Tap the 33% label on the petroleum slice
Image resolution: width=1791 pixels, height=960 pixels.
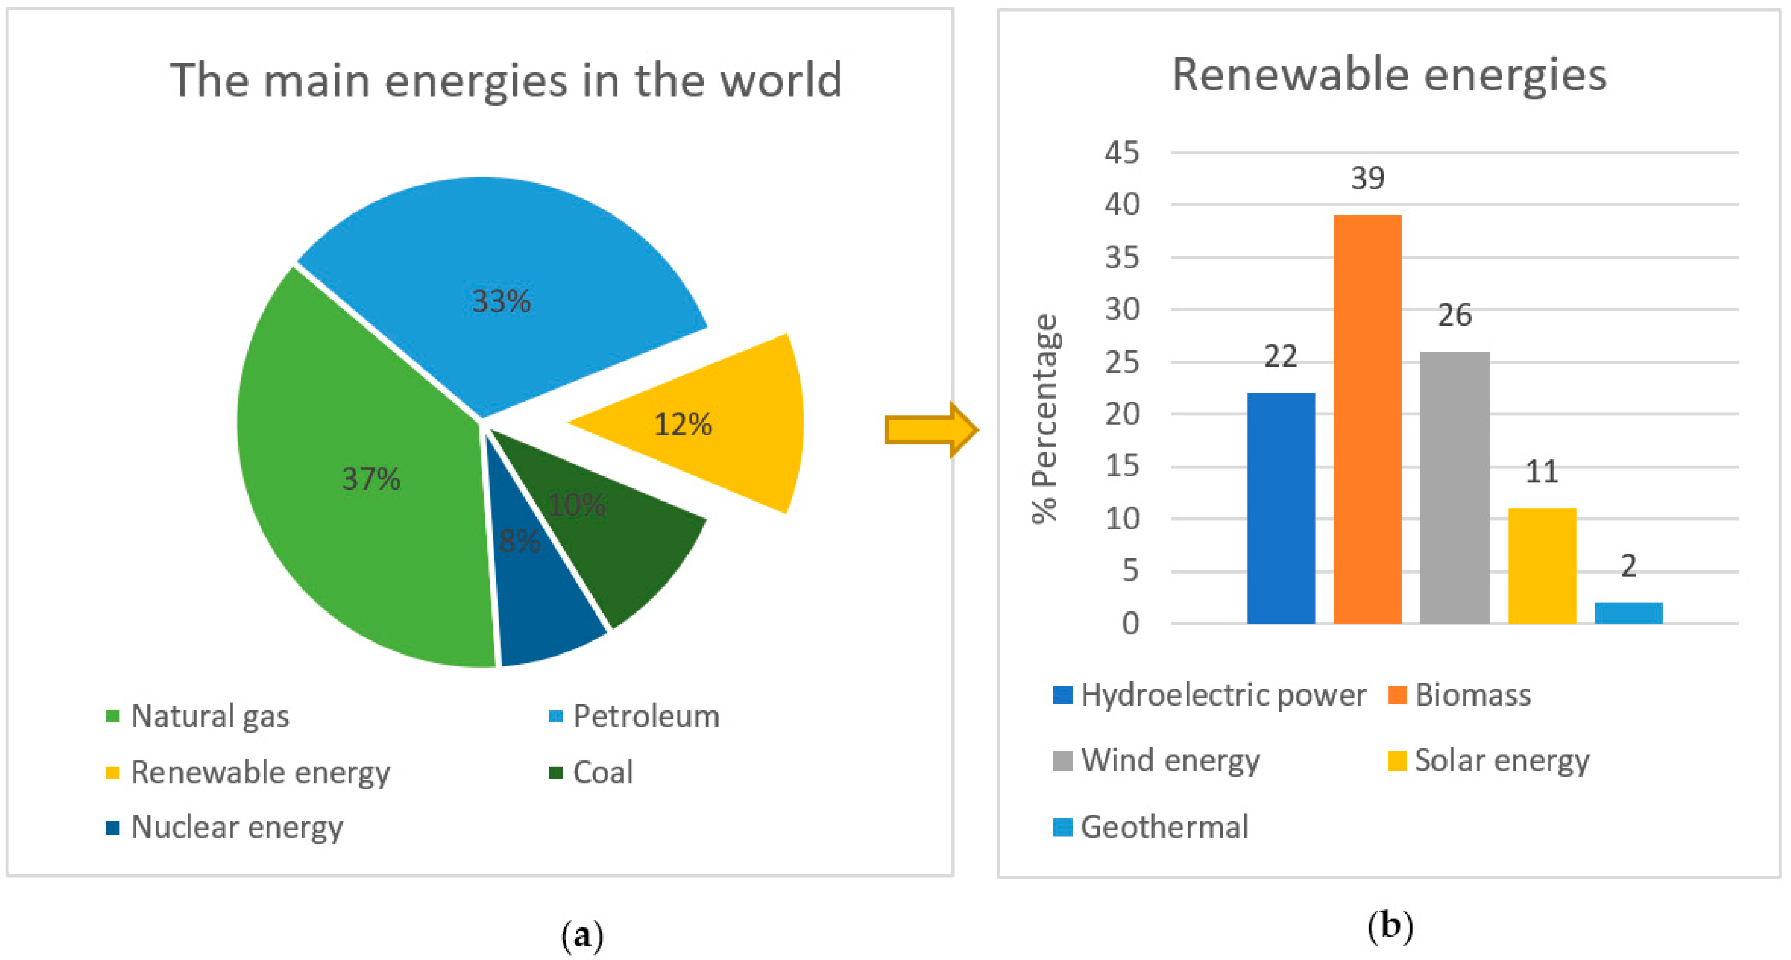coord(501,301)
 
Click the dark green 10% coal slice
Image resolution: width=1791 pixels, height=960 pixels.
coord(626,550)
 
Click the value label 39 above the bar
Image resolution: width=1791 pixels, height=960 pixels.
coord(1367,179)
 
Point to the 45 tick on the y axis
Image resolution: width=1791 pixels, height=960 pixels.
coord(1122,152)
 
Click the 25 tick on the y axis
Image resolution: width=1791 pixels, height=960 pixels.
coord(1122,362)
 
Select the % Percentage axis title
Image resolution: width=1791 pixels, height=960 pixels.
coord(1045,418)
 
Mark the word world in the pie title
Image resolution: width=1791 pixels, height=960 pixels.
coord(781,80)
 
